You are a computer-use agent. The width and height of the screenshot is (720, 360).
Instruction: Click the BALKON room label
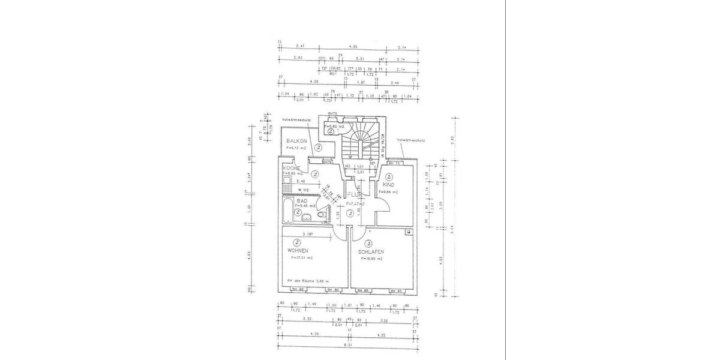point(297,140)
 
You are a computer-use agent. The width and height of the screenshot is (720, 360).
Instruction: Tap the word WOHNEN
point(298,250)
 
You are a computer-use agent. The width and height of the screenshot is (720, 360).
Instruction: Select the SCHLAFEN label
point(371,251)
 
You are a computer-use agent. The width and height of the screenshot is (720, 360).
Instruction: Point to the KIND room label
point(388,185)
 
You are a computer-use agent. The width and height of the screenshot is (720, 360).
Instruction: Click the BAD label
point(293,201)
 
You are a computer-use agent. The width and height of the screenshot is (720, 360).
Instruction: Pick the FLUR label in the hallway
point(352,196)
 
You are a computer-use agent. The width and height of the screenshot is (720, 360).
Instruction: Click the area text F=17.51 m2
point(302,258)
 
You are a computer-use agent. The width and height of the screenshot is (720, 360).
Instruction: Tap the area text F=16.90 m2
point(371,259)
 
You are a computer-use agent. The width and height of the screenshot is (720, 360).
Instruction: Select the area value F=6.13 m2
point(296,147)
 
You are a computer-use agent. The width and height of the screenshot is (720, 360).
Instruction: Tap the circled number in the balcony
point(319,147)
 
